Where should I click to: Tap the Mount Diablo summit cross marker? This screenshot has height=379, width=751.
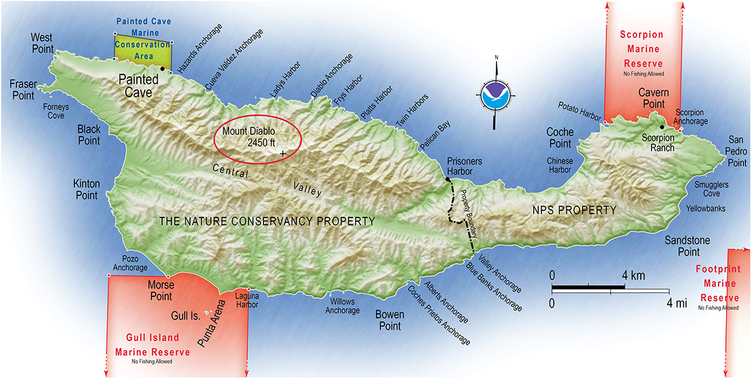click(283, 153)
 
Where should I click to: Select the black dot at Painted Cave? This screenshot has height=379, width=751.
click(163, 68)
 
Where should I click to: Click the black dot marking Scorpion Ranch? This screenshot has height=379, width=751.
click(662, 127)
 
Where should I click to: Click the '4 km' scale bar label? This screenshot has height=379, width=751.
click(633, 276)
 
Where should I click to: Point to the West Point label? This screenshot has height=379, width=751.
click(43, 43)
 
